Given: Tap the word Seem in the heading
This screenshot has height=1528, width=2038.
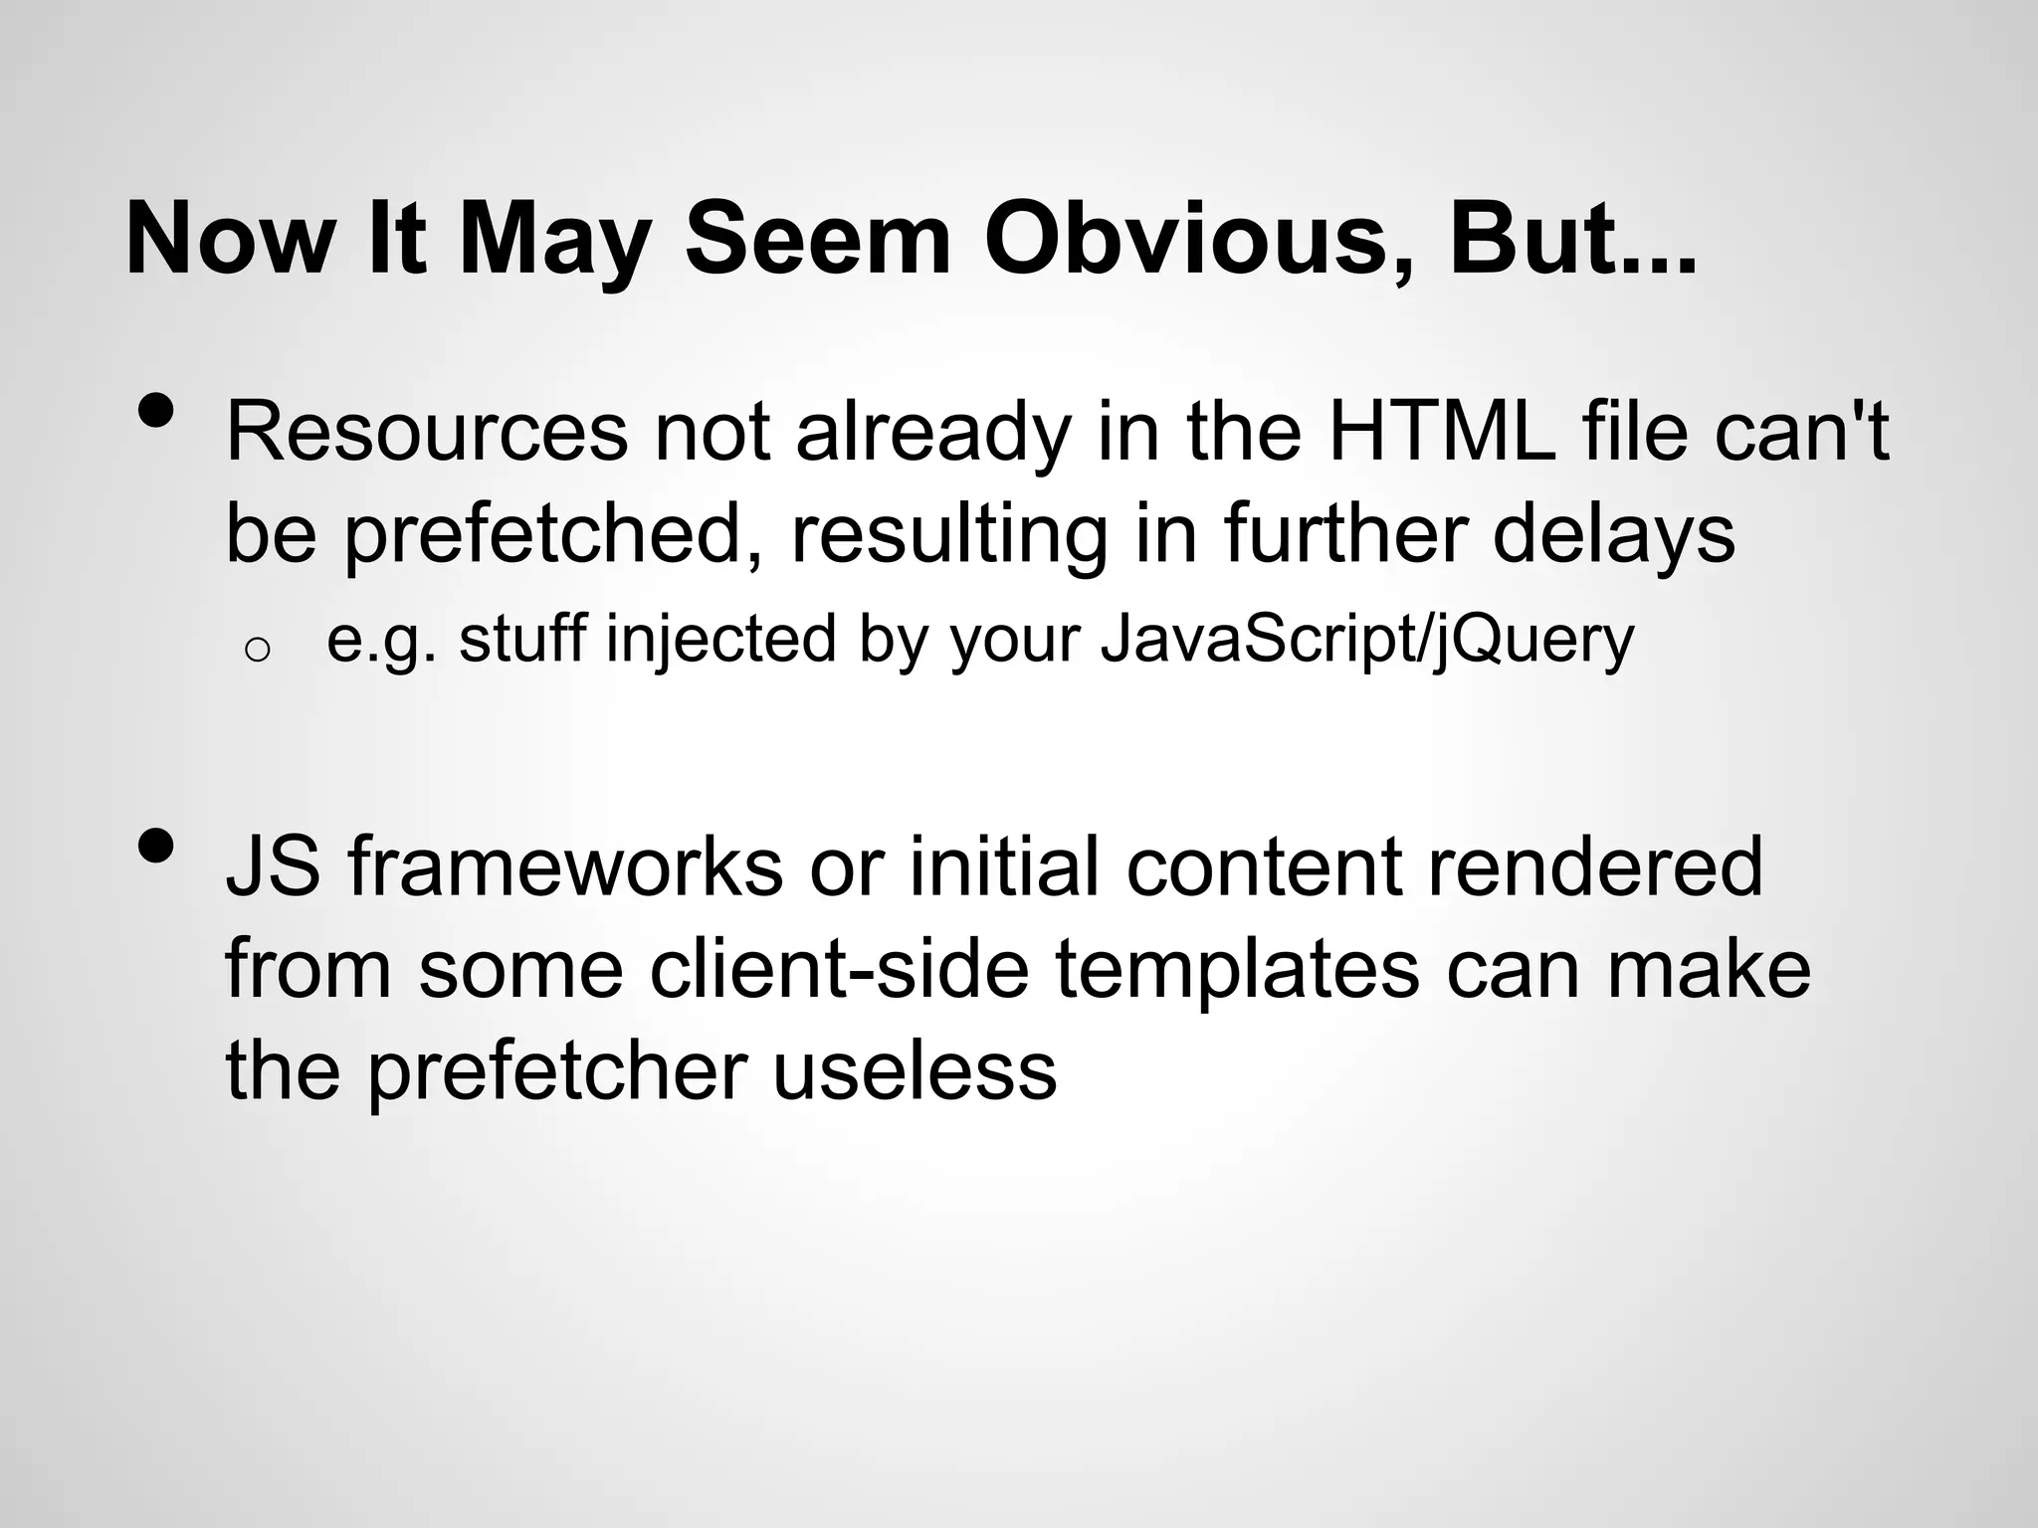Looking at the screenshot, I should coord(818,241).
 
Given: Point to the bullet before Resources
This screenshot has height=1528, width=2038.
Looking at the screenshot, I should coord(157,410).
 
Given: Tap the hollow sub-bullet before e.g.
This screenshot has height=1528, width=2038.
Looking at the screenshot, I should coord(256,650).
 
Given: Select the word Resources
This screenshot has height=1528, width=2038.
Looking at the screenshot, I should coord(427,432).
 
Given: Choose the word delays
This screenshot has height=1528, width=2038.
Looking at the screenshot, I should coord(1613,535).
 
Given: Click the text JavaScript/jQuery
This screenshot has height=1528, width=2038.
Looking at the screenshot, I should coord(1367,640).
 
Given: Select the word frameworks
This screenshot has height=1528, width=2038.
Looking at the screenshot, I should coord(566,866).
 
